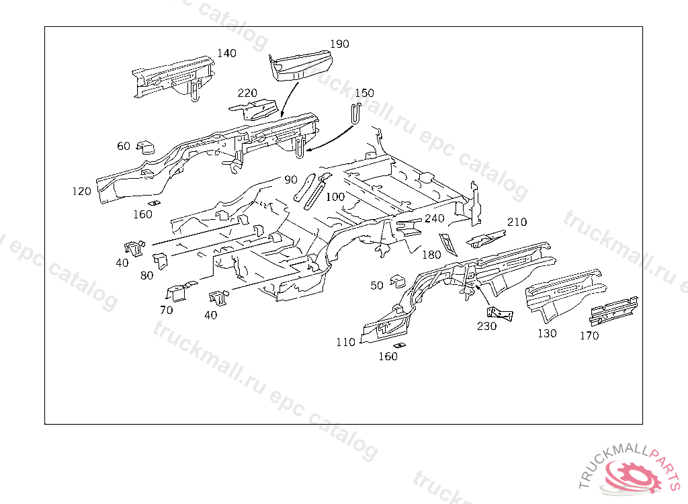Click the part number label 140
(x=227, y=53)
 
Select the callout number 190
(x=340, y=44)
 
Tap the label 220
(x=247, y=93)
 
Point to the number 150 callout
(x=364, y=93)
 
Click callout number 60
(x=124, y=146)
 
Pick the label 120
(x=81, y=192)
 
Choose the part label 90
(x=290, y=179)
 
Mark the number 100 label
(x=335, y=197)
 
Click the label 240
(x=435, y=218)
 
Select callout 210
(x=517, y=222)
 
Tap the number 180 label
(x=431, y=255)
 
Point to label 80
(x=146, y=275)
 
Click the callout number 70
(x=166, y=310)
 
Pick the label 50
(x=377, y=286)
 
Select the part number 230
(x=486, y=327)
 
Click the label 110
(x=345, y=342)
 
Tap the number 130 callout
(x=547, y=333)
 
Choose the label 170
(x=589, y=336)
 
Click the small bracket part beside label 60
(x=146, y=147)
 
